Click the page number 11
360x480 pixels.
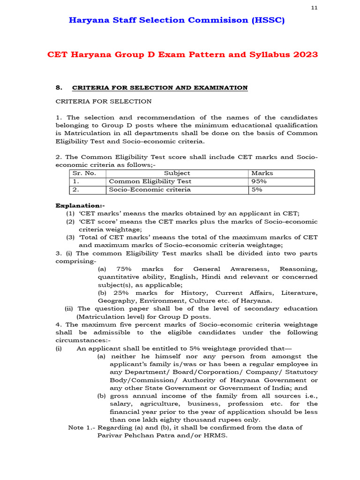pos(314,8)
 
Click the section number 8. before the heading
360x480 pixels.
pos(59,88)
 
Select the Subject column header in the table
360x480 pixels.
pos(177,173)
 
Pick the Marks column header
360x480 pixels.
pos(262,173)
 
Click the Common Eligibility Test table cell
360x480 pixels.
pos(150,181)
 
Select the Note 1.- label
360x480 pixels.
pos(82,427)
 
